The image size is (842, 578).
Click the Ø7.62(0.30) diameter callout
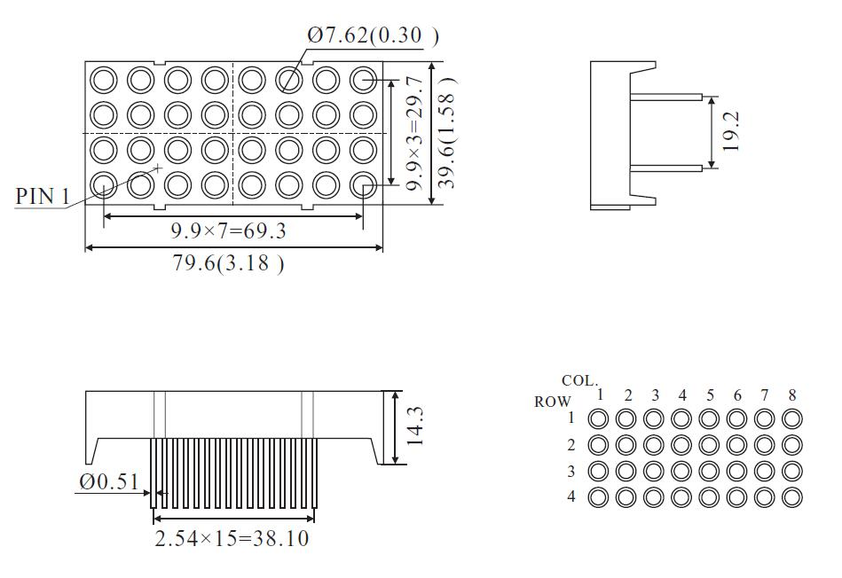click(x=373, y=35)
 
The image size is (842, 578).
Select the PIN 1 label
click(x=42, y=196)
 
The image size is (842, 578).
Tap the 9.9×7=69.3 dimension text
click(x=228, y=232)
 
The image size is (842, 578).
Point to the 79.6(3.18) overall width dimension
click(x=228, y=263)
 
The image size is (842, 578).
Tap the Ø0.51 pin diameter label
click(x=108, y=481)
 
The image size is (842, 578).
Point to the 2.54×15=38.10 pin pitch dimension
click(x=232, y=538)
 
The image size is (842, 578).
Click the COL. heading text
click(x=579, y=381)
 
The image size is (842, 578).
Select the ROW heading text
click(x=552, y=402)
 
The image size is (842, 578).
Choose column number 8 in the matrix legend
click(x=792, y=395)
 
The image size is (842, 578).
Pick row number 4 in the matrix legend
click(x=571, y=496)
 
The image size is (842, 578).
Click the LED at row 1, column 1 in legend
click(x=599, y=418)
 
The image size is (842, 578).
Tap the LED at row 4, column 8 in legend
click(x=792, y=496)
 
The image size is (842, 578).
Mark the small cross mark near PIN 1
click(x=158, y=168)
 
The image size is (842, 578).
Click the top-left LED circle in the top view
click(x=104, y=80)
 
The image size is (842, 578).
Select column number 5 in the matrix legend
click(x=710, y=395)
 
